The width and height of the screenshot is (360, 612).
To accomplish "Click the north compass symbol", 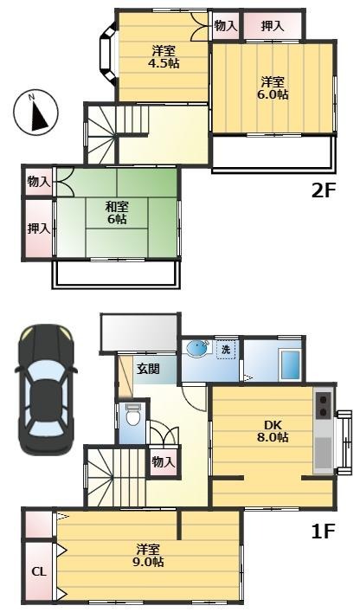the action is tap(35, 113).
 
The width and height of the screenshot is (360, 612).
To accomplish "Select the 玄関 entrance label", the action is tap(148, 369).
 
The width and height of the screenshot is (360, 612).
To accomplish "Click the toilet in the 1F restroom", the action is tap(133, 417).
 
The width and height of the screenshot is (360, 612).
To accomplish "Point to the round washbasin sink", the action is tap(199, 348).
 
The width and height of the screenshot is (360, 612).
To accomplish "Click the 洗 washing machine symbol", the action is tap(226, 350).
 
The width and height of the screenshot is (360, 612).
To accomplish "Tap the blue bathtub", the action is tap(290, 364).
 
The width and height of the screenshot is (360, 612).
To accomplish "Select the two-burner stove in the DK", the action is tap(325, 406).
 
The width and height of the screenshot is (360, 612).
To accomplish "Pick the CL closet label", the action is tap(39, 572).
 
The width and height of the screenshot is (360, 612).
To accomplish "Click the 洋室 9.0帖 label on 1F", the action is tap(150, 556).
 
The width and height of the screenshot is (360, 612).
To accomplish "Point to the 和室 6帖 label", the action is tap(118, 212).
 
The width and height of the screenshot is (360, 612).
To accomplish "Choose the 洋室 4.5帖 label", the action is tap(164, 56).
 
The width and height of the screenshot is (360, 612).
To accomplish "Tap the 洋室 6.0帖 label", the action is tap(273, 87).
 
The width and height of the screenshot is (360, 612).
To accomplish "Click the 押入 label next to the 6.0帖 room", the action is tap(273, 26).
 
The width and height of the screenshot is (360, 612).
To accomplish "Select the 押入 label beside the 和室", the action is tap(39, 229).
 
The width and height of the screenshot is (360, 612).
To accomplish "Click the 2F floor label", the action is tap(324, 191).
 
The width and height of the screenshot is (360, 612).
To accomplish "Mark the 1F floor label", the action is tap(324, 531).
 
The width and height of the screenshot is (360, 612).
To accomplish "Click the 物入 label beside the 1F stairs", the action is tap(163, 462).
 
